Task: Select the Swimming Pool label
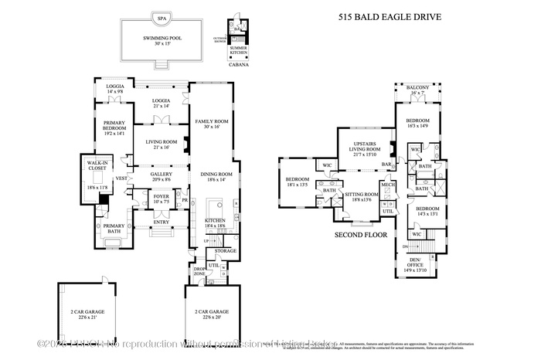click(x=162, y=40)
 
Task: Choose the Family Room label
click(x=211, y=124)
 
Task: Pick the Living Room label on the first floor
click(x=161, y=144)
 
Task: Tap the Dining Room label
click(x=211, y=177)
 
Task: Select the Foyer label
click(x=160, y=199)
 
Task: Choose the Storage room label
click(x=226, y=250)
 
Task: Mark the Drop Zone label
click(x=199, y=272)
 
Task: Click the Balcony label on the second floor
click(x=417, y=90)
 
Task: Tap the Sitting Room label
click(x=362, y=197)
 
